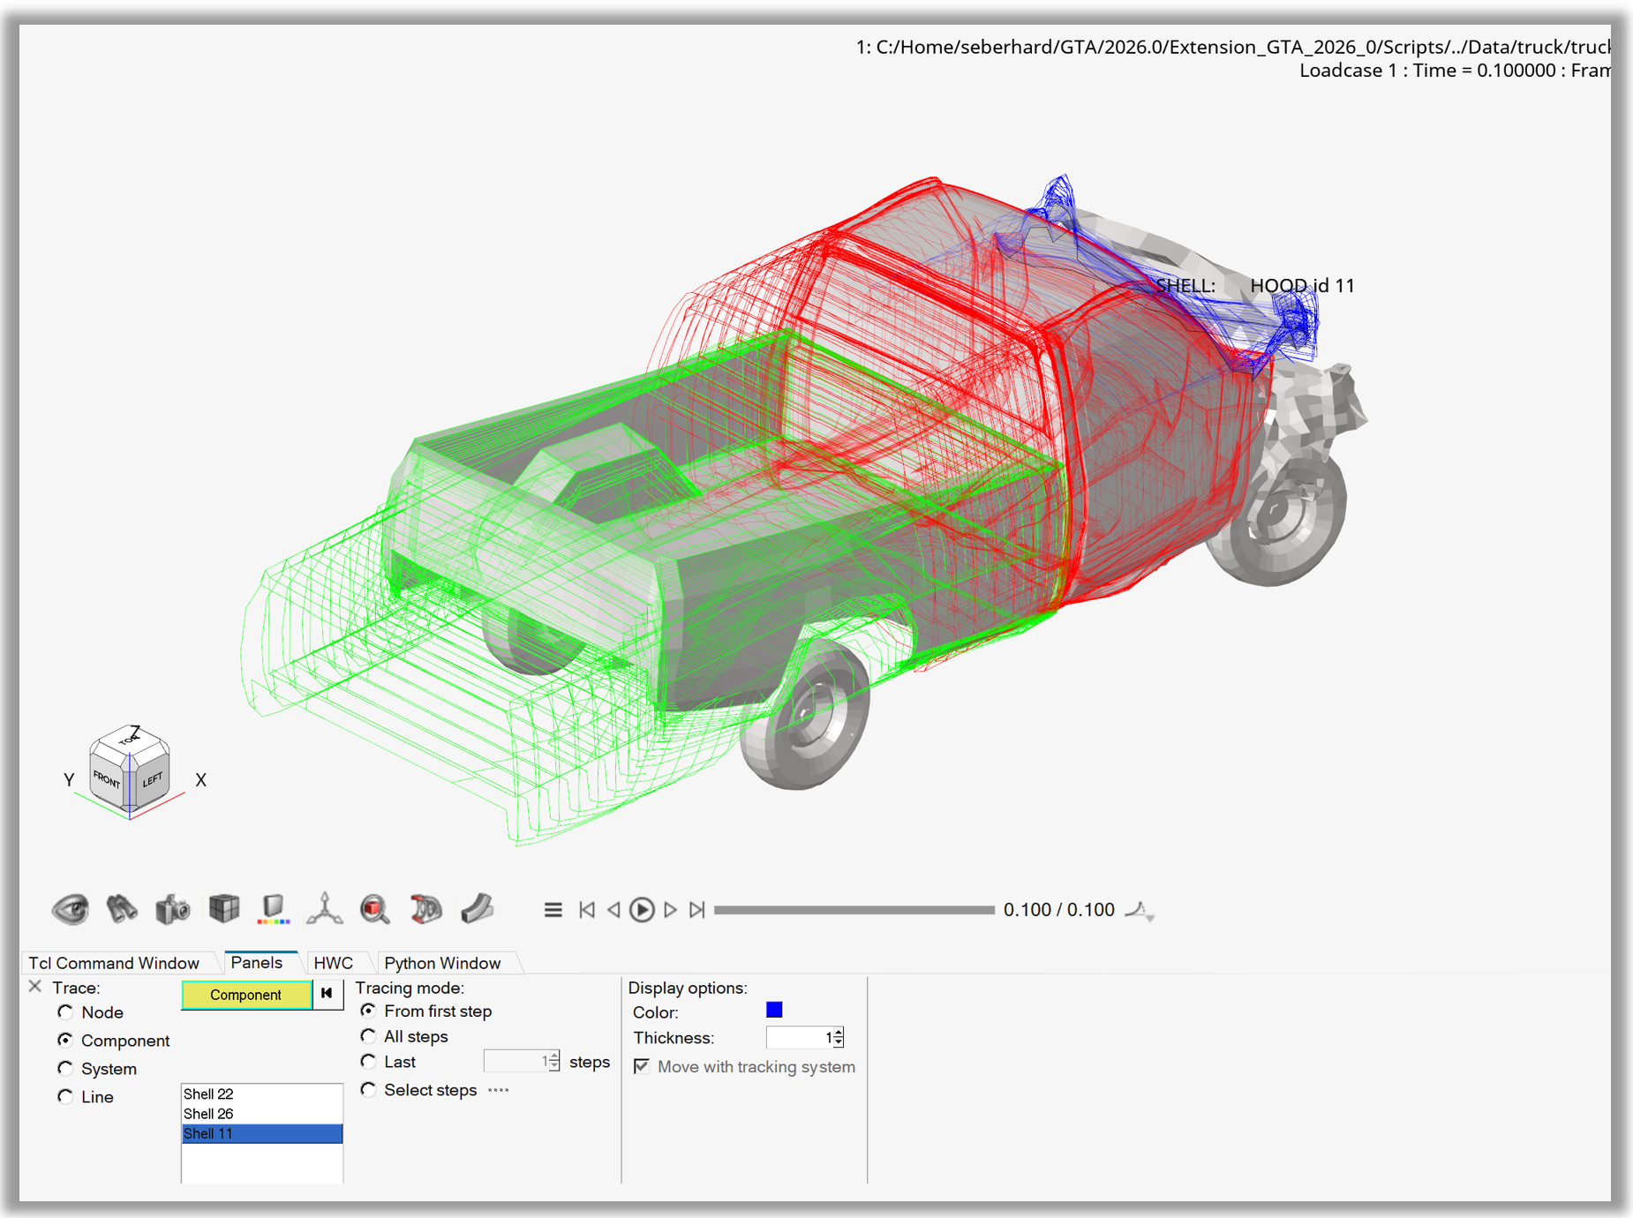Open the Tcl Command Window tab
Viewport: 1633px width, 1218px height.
(114, 963)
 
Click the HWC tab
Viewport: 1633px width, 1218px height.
(333, 963)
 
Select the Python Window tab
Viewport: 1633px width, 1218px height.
(442, 963)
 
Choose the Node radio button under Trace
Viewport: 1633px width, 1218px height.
(66, 1012)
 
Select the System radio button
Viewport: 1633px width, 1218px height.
(66, 1069)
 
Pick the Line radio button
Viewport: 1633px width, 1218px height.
(66, 1097)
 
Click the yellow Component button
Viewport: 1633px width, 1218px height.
(245, 995)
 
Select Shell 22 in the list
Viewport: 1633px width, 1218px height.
(209, 1094)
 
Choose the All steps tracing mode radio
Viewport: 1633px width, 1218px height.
(369, 1036)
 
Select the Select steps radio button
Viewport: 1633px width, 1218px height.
(369, 1090)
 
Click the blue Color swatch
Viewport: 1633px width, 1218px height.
(774, 1010)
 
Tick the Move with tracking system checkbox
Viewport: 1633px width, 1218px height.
(642, 1066)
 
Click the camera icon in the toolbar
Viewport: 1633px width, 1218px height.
(173, 909)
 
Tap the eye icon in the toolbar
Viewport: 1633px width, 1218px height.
(71, 909)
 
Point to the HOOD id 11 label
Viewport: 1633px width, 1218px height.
(1301, 286)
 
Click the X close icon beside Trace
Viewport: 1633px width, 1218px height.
(35, 987)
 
